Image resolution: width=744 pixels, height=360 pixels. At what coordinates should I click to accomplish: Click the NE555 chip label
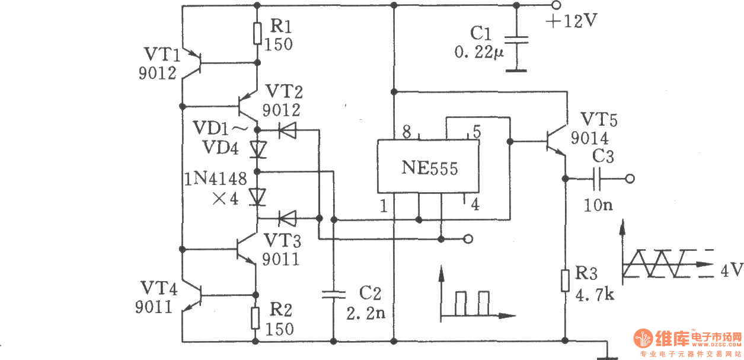(x=429, y=167)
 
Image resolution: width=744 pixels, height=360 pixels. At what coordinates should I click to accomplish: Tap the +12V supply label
(x=571, y=21)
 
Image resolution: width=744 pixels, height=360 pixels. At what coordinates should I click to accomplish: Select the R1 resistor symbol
(x=257, y=34)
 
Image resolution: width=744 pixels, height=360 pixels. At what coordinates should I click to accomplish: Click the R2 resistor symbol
(x=255, y=318)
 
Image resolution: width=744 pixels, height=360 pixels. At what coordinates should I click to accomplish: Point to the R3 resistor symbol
(x=565, y=281)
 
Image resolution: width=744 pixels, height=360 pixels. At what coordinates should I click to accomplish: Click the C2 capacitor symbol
(x=334, y=295)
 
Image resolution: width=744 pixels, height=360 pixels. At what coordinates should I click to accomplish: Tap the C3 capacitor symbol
(x=597, y=179)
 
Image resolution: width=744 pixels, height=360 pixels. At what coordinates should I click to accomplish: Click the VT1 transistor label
(x=162, y=54)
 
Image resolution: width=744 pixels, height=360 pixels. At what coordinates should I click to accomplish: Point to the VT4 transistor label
(x=159, y=288)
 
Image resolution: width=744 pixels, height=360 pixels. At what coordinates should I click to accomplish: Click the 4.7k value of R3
(x=595, y=295)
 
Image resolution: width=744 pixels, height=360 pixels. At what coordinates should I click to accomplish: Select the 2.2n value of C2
(x=366, y=313)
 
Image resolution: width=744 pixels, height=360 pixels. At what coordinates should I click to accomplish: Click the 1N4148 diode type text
(x=216, y=179)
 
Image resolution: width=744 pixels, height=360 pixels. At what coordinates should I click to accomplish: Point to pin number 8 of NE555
(x=407, y=132)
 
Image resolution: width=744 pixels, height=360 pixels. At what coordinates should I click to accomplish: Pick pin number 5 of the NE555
(x=477, y=132)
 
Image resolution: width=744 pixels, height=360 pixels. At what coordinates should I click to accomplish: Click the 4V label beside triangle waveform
(x=732, y=270)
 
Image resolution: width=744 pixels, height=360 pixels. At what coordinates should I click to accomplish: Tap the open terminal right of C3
(x=630, y=179)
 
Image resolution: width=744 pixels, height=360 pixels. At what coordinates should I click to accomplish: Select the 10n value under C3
(x=598, y=205)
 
